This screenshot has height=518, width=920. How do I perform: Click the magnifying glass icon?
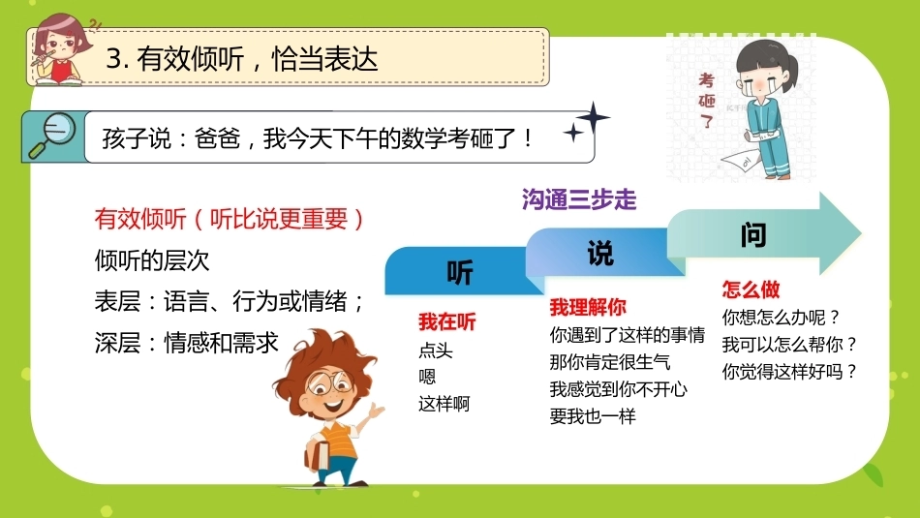(x=51, y=136)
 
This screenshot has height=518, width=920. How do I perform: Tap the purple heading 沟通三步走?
(x=579, y=200)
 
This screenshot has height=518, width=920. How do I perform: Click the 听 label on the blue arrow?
(x=460, y=273)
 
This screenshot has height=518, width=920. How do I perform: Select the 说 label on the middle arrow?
(x=600, y=254)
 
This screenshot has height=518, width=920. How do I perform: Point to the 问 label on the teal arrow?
(x=753, y=235)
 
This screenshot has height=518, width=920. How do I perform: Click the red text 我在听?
(x=447, y=322)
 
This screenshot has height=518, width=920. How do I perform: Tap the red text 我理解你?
(x=588, y=307)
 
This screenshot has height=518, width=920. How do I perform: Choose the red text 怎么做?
(x=751, y=289)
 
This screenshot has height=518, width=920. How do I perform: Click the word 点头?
(x=436, y=350)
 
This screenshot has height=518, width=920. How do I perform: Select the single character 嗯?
(x=427, y=377)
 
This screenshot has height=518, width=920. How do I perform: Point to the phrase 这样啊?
(x=445, y=404)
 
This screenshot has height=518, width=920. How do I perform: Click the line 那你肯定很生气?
(x=609, y=362)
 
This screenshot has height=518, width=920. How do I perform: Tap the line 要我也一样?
(x=593, y=416)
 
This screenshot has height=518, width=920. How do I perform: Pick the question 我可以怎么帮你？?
(x=789, y=345)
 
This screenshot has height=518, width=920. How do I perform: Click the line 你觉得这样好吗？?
(x=789, y=372)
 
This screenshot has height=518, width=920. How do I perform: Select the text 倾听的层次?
(x=152, y=260)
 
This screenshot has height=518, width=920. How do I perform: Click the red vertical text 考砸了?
(x=706, y=101)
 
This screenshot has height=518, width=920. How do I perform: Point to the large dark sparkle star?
(x=593, y=118)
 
